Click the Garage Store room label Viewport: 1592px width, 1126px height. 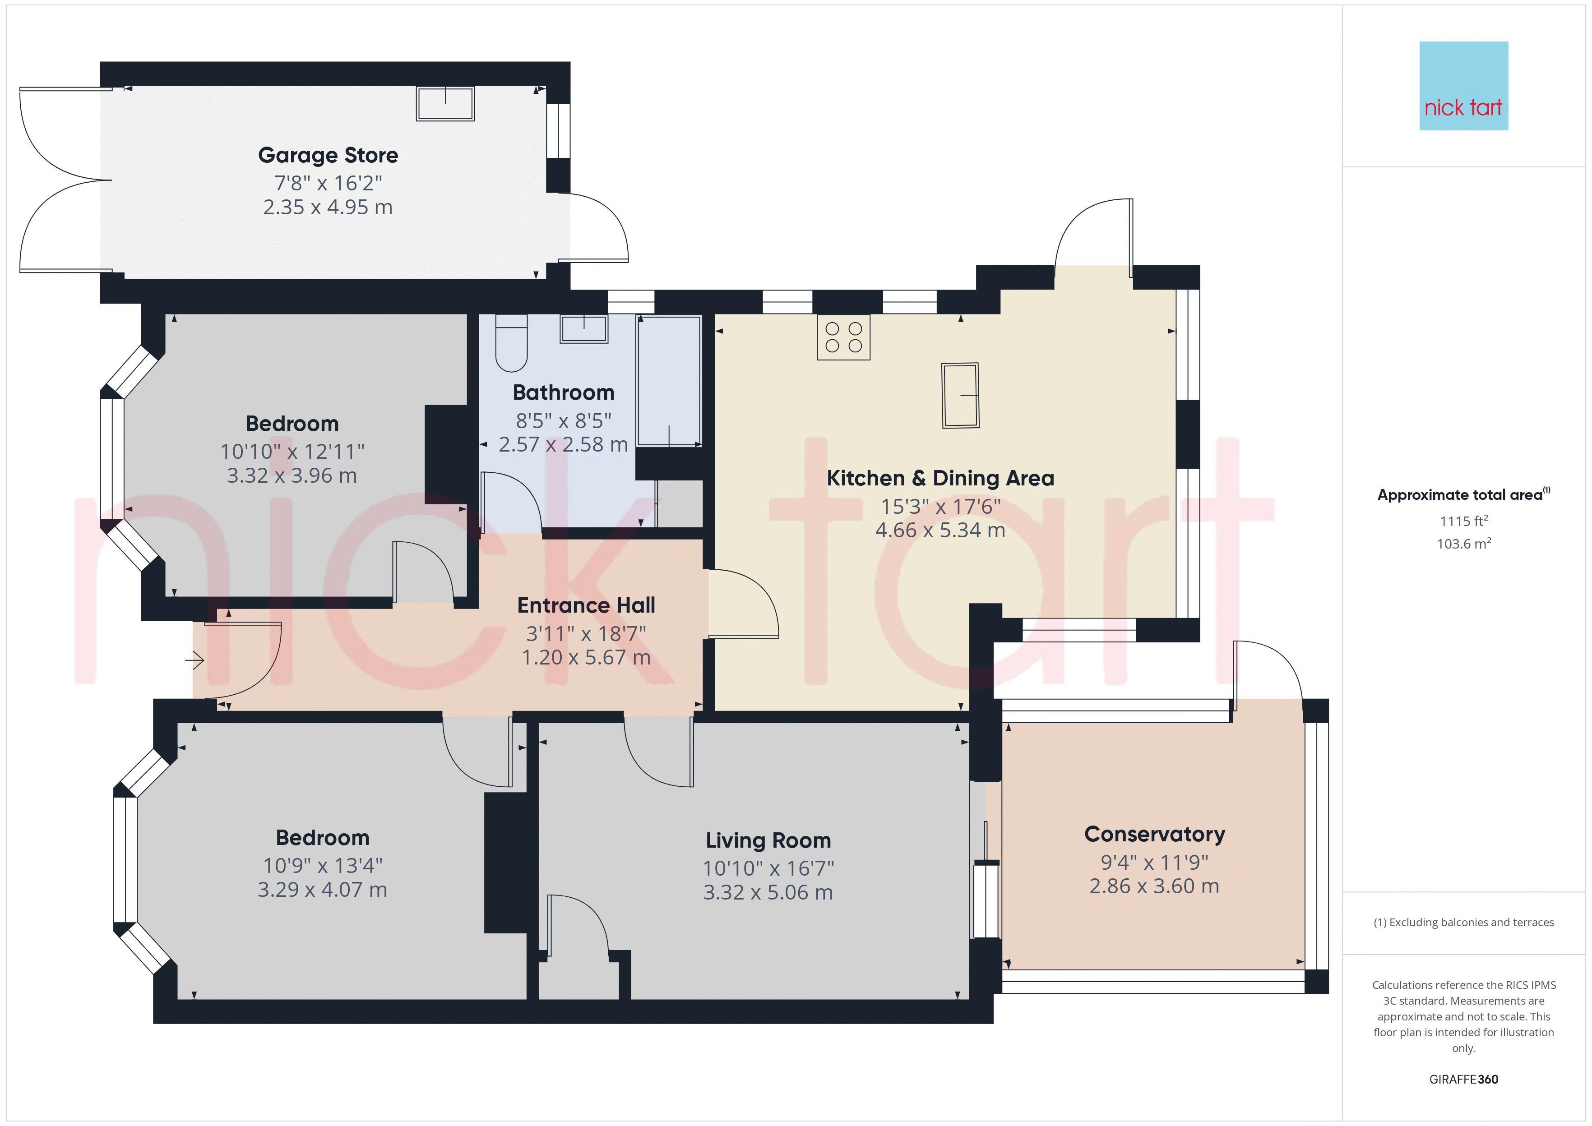pyautogui.click(x=328, y=155)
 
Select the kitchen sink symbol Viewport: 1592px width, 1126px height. pyautogui.click(x=960, y=395)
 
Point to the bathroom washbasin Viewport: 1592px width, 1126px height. pyautogui.click(x=584, y=329)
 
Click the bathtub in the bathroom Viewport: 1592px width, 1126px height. pyautogui.click(x=669, y=381)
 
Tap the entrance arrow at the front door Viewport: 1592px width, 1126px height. pyautogui.click(x=194, y=661)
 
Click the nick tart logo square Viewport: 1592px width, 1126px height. pyautogui.click(x=1464, y=86)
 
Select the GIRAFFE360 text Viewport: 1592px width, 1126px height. pyautogui.click(x=1464, y=1080)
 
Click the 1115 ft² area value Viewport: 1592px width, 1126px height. pyautogui.click(x=1464, y=521)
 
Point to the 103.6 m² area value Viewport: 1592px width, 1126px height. pyautogui.click(x=1464, y=544)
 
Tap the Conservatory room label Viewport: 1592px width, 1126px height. pyautogui.click(x=1154, y=834)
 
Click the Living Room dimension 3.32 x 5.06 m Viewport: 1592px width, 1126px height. pyautogui.click(x=768, y=892)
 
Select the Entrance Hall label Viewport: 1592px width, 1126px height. pyautogui.click(x=587, y=605)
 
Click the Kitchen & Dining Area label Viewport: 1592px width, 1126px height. pyautogui.click(x=940, y=478)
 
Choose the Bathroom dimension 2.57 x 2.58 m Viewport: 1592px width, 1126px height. pyautogui.click(x=564, y=444)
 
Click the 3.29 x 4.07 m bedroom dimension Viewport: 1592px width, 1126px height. pyautogui.click(x=323, y=890)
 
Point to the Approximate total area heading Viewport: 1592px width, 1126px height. pyautogui.click(x=1464, y=494)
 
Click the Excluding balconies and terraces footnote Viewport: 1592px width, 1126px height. pyautogui.click(x=1464, y=922)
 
